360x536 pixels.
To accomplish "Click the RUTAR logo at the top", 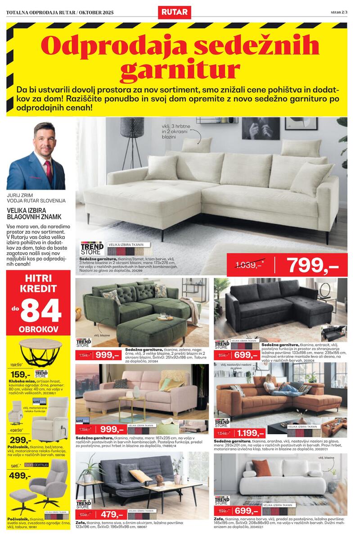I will [x=174, y=12].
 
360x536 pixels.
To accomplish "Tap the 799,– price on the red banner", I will [x=312, y=266].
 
